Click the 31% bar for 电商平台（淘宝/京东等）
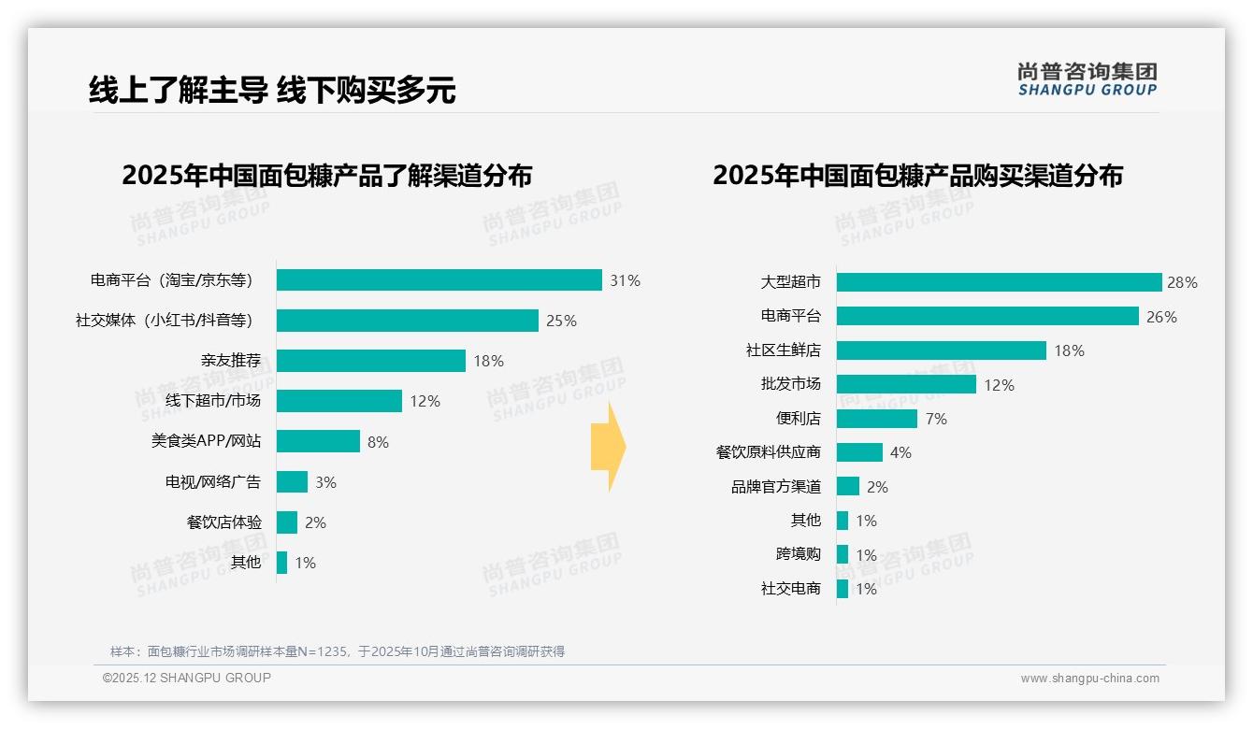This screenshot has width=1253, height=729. (x=439, y=280)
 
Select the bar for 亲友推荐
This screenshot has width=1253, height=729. (x=371, y=361)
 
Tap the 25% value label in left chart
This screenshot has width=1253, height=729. (x=561, y=321)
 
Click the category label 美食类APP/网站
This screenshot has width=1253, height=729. (x=206, y=441)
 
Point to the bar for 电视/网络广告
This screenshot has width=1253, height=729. (x=293, y=482)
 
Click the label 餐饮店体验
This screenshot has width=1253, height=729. (x=224, y=522)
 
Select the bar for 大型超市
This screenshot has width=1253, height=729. (x=999, y=282)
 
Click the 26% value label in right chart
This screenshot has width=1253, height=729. (x=1161, y=317)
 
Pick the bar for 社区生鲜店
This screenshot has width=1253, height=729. (x=941, y=350)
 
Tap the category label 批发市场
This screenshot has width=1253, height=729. (x=790, y=384)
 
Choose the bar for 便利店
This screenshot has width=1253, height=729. (x=876, y=419)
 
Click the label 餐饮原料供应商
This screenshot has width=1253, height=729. (x=768, y=452)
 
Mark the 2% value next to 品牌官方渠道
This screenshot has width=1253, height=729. (x=877, y=487)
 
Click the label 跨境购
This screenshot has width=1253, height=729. (x=798, y=554)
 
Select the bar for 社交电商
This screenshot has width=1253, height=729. (x=843, y=589)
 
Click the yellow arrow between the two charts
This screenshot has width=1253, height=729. (x=609, y=448)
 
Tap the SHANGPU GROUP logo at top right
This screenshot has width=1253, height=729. (x=1087, y=79)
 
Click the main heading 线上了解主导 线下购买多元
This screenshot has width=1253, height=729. (x=272, y=91)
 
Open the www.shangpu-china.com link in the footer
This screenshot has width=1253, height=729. (x=1089, y=679)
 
